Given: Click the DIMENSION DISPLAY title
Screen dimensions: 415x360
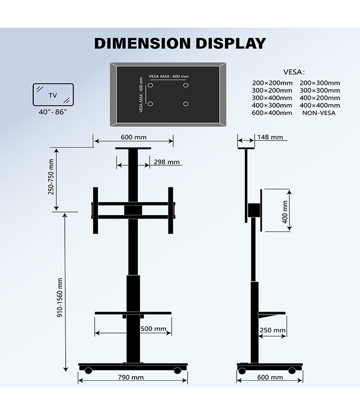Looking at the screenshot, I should (x=179, y=43).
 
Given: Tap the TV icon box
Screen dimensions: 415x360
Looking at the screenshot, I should (x=53, y=95).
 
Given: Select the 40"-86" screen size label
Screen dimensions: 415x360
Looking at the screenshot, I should (x=53, y=112).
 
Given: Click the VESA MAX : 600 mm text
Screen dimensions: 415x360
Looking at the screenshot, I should (x=169, y=77).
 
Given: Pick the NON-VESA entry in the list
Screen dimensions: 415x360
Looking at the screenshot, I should (x=318, y=112).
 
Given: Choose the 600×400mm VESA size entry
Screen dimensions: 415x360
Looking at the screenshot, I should (x=271, y=112).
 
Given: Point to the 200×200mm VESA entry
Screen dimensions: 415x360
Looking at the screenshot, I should (x=271, y=83).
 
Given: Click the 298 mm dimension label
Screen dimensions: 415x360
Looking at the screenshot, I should (x=167, y=162).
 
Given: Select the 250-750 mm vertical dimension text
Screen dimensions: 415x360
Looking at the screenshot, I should (x=52, y=177).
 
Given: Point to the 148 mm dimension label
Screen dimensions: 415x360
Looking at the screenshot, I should (x=269, y=137).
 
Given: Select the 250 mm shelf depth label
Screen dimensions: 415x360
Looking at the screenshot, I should (x=272, y=330).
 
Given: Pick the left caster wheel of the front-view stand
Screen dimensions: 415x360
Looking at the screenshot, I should (x=88, y=370).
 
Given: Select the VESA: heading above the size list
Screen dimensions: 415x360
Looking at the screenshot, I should (x=294, y=72).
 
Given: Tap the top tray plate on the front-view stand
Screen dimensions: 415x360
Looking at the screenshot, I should (x=133, y=148).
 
